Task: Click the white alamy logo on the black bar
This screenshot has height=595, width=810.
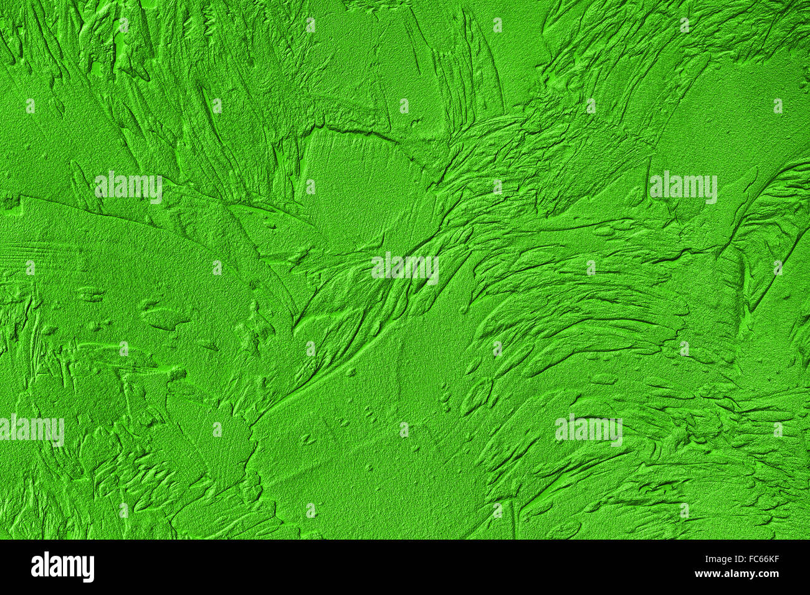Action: pyautogui.click(x=62, y=567)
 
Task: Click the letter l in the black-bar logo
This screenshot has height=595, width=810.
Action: pyautogui.click(x=47, y=566)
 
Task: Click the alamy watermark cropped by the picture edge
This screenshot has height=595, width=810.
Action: pyautogui.click(x=31, y=429)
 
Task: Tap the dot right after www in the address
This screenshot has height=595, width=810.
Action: pyautogui.click(x=724, y=576)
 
